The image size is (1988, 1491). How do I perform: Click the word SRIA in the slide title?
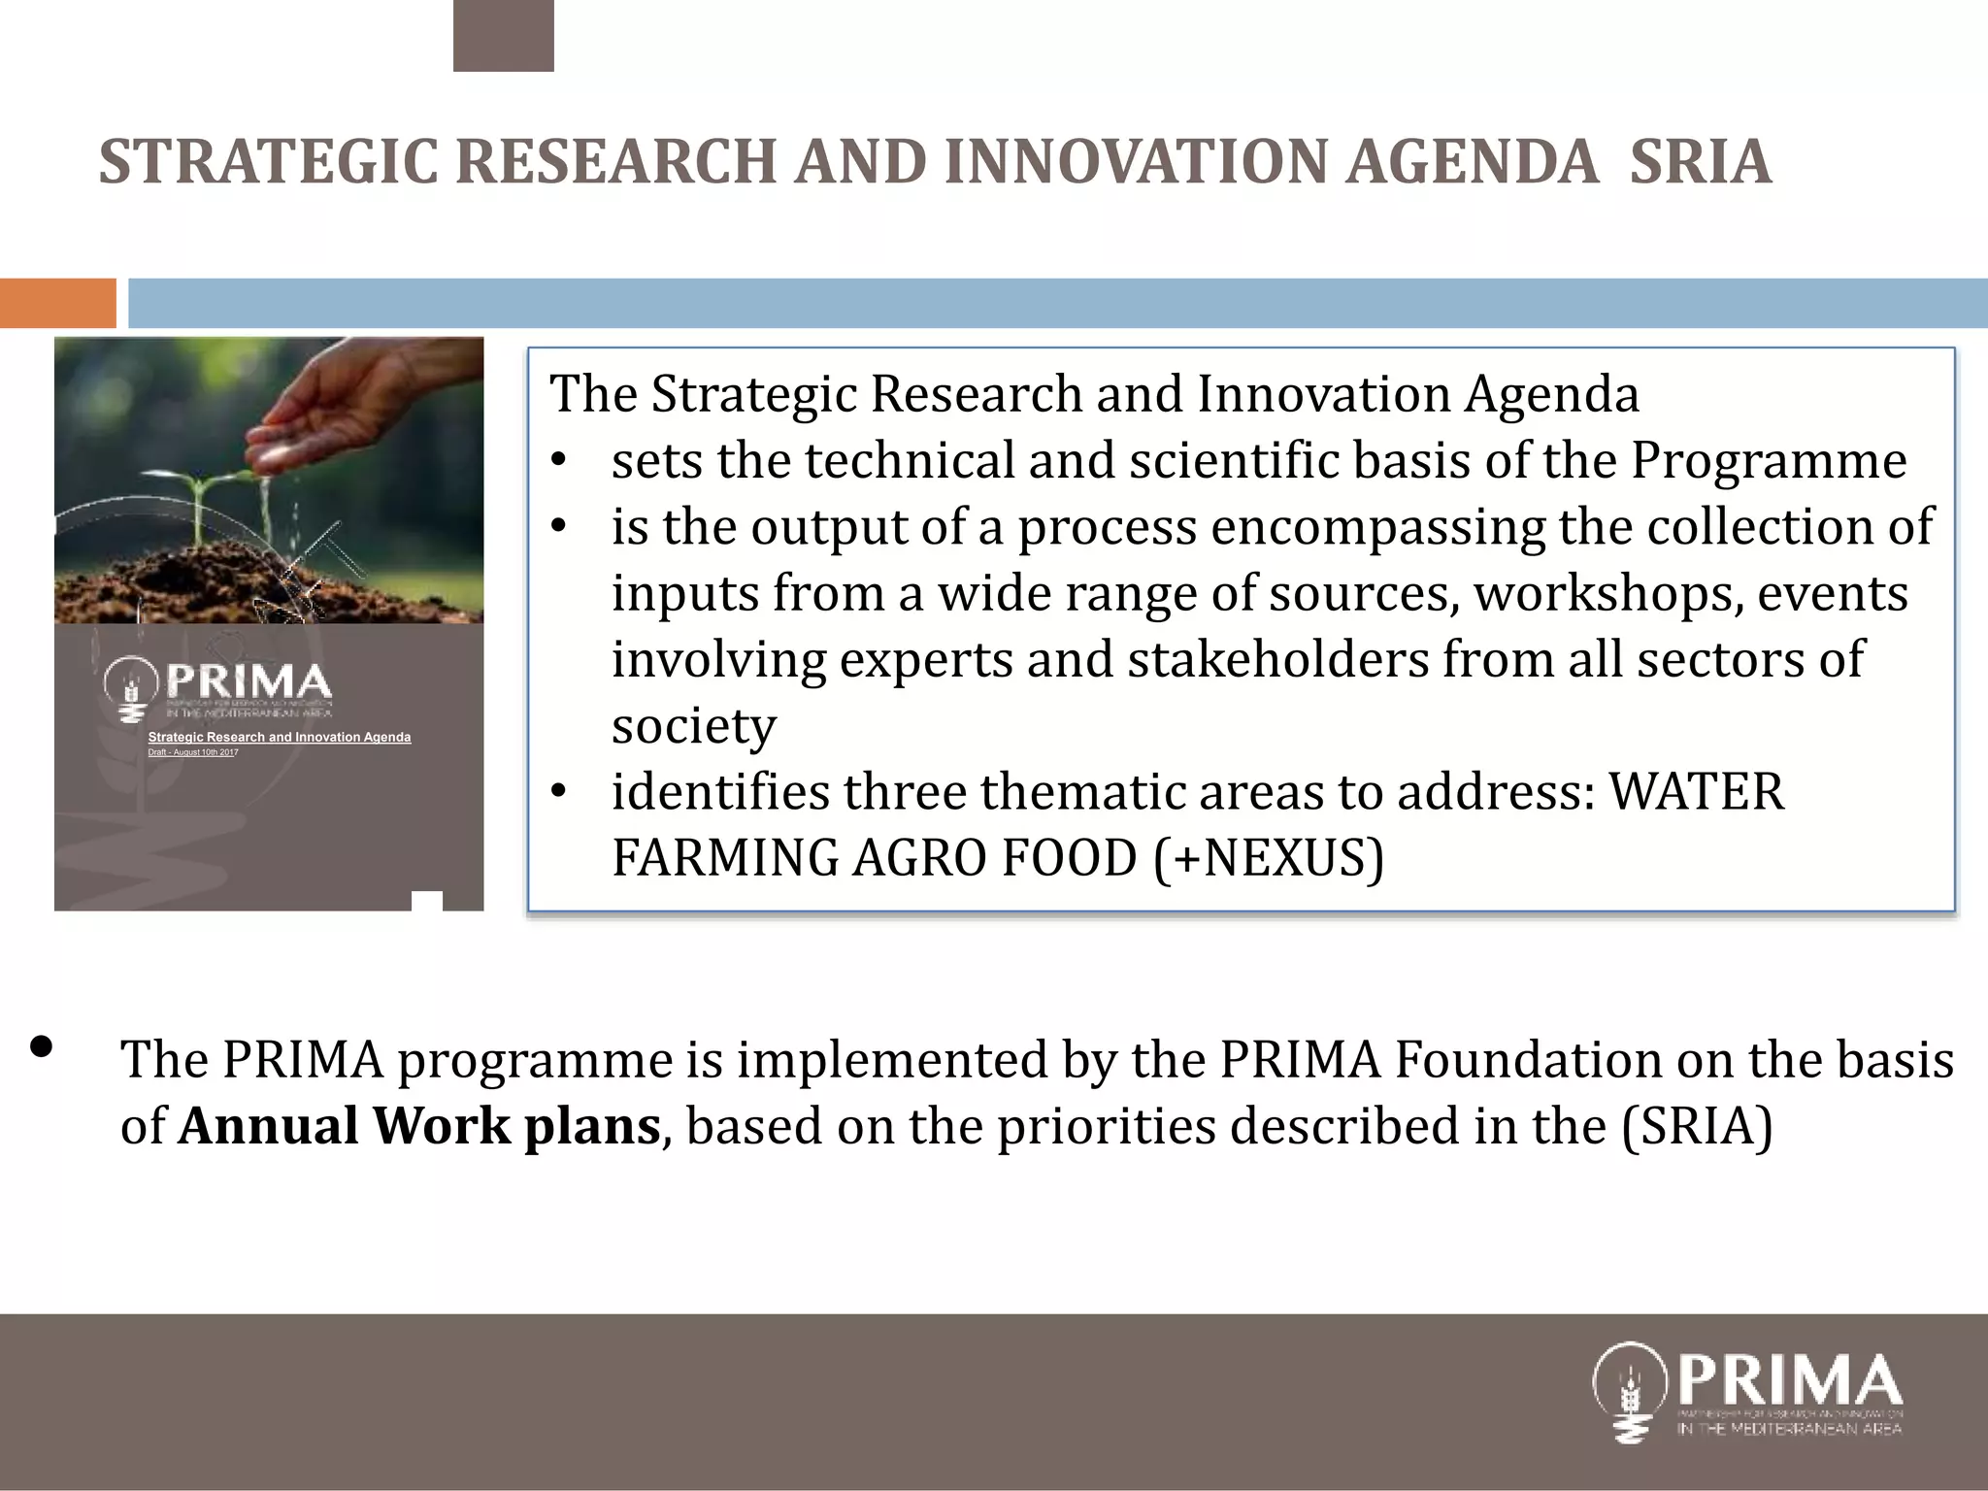(x=1701, y=162)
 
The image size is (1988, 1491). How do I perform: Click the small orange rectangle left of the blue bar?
(x=57, y=303)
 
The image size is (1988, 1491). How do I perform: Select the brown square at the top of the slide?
(x=503, y=36)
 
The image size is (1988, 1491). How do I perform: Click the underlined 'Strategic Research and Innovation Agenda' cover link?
(x=279, y=738)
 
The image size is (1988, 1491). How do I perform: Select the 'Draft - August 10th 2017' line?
(x=192, y=752)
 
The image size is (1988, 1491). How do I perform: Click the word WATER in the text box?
(x=1696, y=792)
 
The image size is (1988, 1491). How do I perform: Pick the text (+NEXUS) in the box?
(x=1269, y=858)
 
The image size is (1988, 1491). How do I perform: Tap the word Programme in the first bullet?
(x=1768, y=461)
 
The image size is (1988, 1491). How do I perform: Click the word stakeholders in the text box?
(x=1278, y=660)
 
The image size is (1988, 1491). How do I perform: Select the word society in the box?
(x=694, y=726)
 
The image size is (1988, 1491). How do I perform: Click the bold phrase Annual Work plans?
(x=419, y=1126)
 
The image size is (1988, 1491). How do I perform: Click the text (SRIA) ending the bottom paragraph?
(x=1697, y=1126)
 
